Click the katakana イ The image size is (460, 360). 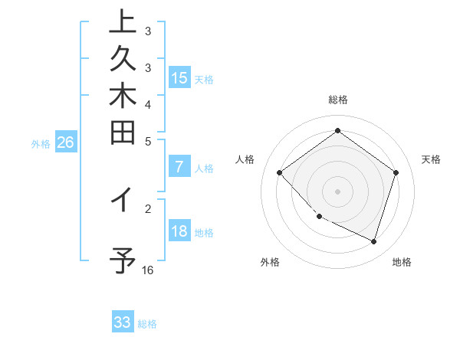(123, 200)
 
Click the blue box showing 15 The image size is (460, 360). (179, 77)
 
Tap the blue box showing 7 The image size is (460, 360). (179, 166)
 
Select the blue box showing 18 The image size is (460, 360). (179, 231)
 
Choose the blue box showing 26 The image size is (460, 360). (66, 142)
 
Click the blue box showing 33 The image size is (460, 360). (123, 322)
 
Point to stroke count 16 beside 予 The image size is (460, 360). (148, 270)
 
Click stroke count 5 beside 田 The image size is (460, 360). (148, 141)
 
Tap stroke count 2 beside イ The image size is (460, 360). (148, 208)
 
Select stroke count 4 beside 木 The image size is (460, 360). (148, 104)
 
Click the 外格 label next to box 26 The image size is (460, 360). (41, 143)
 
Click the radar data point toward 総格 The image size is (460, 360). (337, 131)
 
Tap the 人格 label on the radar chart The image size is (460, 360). (245, 159)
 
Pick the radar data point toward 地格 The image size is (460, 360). (373, 241)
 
